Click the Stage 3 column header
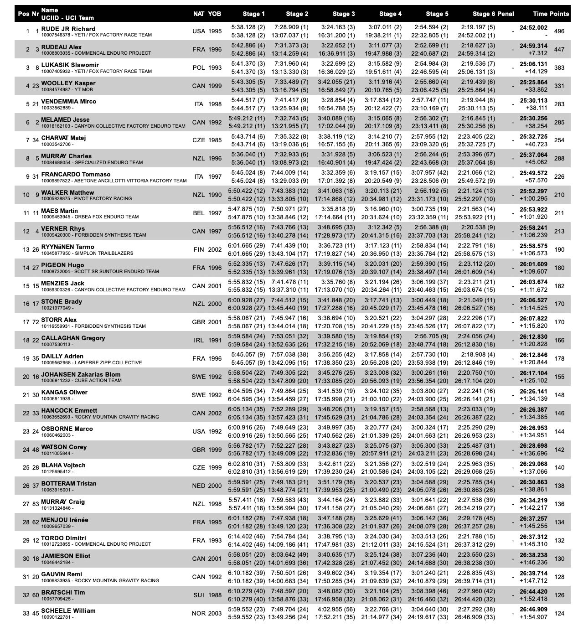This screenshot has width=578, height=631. tap(344, 14)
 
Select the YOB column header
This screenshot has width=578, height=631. tap(215, 14)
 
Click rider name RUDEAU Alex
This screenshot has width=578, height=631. tap(62, 47)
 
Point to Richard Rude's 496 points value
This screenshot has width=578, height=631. tap(559, 31)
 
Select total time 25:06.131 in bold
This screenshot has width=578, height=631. tap(533, 64)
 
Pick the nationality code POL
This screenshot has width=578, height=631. tap(199, 68)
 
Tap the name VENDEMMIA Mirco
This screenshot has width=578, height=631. tap(68, 101)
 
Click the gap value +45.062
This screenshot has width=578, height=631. tap(536, 162)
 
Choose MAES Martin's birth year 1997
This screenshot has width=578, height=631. tap(215, 213)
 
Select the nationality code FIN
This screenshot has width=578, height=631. tap(199, 250)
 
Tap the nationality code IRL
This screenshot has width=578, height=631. tap(199, 341)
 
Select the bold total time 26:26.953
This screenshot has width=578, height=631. tap(533, 428)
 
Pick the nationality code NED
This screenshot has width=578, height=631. tap(199, 486)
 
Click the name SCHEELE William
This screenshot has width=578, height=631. tap(68, 610)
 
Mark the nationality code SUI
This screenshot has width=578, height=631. tap(199, 595)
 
